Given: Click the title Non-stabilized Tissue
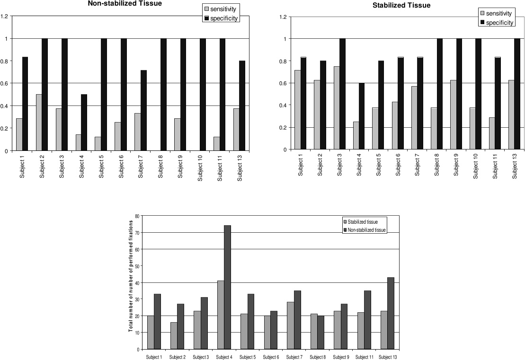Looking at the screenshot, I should tap(118, 3).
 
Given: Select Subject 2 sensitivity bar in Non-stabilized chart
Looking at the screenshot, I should tap(39, 123).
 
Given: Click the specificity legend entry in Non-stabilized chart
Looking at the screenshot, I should tap(220, 18).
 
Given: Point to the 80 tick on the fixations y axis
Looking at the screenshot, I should tap(137, 216).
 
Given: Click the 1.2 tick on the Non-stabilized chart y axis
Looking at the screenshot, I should tap(5, 17).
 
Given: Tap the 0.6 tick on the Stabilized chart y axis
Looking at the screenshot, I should tap(283, 83).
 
